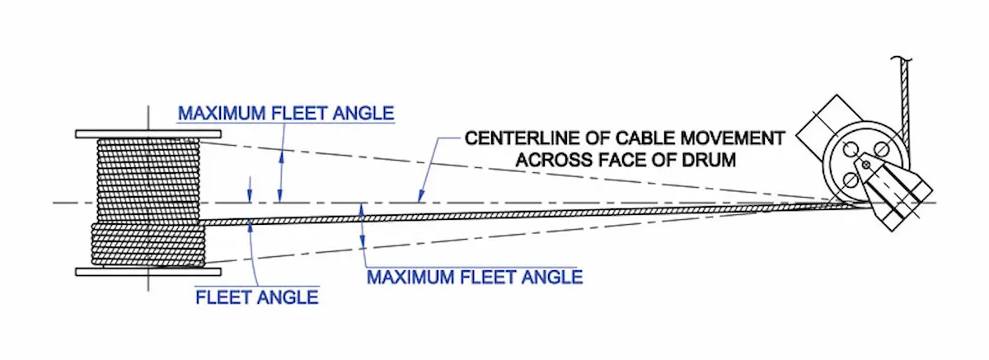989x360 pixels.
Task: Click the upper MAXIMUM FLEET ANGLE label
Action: [x=286, y=112]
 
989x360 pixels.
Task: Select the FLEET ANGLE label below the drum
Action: [x=256, y=297]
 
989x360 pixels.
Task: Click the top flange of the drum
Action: [x=148, y=133]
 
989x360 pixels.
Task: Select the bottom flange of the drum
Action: [x=148, y=271]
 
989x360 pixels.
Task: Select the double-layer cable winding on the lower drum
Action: [x=148, y=244]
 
